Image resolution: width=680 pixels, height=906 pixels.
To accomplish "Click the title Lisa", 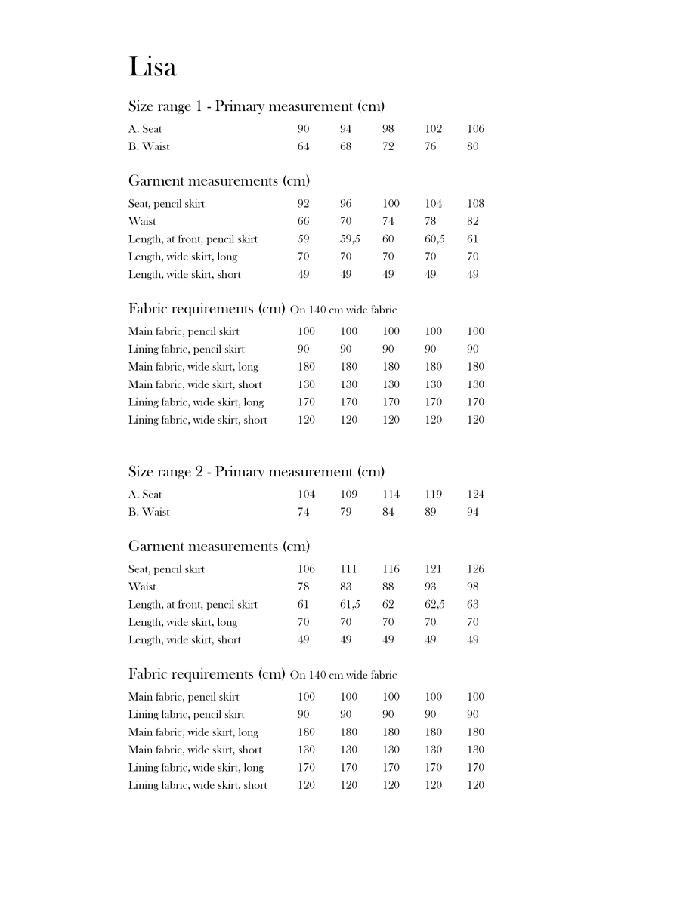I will (153, 66).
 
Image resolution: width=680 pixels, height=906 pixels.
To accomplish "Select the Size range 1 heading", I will (256, 106).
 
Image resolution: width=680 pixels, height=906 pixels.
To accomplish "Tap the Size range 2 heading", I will (256, 472).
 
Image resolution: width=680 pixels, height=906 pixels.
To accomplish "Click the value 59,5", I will (350, 239).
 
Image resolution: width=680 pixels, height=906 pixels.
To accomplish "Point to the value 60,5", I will (434, 239).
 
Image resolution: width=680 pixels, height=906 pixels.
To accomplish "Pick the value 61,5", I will (350, 605).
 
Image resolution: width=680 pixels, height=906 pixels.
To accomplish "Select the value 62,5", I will (434, 605).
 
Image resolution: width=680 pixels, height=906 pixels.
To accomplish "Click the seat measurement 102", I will (434, 129).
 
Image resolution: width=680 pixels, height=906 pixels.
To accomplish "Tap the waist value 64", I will (303, 146).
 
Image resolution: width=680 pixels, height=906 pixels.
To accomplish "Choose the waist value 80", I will (472, 146).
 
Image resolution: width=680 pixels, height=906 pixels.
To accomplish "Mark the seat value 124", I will (476, 495).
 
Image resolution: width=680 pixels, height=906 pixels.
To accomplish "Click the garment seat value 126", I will (476, 569).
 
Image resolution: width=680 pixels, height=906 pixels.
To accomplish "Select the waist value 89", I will (430, 512).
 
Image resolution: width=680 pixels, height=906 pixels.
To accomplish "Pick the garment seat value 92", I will (303, 204).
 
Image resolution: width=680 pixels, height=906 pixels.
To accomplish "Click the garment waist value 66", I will (303, 221).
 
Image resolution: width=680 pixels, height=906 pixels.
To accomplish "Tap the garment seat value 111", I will (348, 569).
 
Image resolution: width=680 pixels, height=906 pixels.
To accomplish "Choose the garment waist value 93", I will (430, 587).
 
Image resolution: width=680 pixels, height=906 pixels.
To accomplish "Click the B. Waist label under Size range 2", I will (149, 512).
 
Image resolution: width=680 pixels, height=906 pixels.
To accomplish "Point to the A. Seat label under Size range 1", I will (145, 129).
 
